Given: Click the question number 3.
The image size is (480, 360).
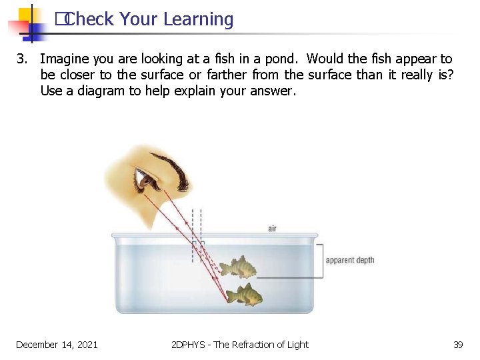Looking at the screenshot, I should click(21, 59).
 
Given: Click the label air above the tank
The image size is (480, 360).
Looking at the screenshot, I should click(272, 229).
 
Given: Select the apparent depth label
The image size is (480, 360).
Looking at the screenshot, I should click(350, 260).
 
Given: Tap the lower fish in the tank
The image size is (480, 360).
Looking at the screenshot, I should click(243, 295).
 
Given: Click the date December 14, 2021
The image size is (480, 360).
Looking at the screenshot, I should click(57, 345).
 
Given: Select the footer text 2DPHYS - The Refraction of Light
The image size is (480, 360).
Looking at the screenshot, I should click(240, 345).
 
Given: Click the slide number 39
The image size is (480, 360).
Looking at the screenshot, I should click(458, 345).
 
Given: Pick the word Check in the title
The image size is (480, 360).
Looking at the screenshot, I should click(90, 20).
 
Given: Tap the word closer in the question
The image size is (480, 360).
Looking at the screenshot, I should click(78, 75).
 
